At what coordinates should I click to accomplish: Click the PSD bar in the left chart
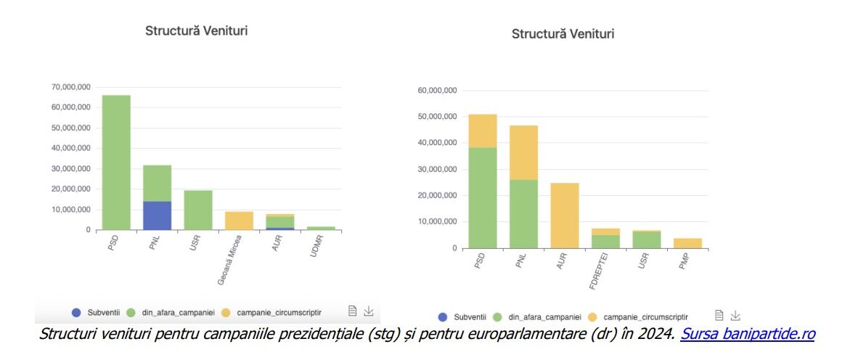pos(116,163)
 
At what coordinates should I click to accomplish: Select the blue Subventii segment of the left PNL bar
pos(157,216)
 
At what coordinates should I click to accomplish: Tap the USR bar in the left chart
pos(198,210)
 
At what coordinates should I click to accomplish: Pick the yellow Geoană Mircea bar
pos(239,221)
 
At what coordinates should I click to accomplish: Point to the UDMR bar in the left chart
pos(321,228)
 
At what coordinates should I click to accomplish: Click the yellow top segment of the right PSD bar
pos(483,131)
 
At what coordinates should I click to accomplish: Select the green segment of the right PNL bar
pos(523,213)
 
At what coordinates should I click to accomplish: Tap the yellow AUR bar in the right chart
pos(565,216)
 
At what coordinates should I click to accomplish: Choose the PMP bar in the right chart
pos(687,243)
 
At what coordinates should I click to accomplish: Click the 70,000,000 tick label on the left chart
pos(70,87)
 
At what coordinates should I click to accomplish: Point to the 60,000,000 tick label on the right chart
pos(437,91)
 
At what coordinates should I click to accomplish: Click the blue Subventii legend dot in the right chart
pos(443,316)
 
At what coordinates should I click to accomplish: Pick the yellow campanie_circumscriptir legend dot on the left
pos(226,312)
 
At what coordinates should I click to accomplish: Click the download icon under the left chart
pos(369,311)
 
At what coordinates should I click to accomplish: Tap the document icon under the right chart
pos(719,316)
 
